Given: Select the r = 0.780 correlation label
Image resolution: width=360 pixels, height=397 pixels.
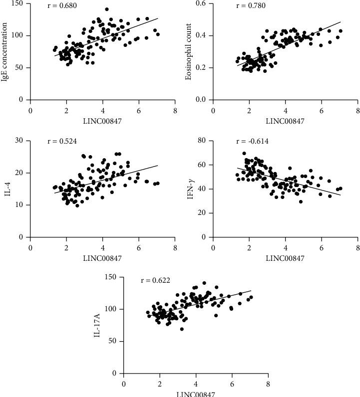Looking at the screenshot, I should (250, 6).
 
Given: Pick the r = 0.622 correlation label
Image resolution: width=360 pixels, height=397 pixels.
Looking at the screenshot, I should (156, 280).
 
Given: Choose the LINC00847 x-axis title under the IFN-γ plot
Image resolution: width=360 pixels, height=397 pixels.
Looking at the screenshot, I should (285, 258).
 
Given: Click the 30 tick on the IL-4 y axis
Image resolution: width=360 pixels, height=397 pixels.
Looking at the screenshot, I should (20, 141).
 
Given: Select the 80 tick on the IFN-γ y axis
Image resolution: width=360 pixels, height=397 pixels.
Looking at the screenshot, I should (203, 141).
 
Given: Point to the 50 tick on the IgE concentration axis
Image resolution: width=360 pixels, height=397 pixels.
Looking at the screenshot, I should (20, 68).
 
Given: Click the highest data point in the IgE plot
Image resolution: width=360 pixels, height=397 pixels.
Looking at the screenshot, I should (107, 9).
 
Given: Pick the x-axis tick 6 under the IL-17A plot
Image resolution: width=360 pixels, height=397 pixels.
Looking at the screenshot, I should (232, 384).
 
